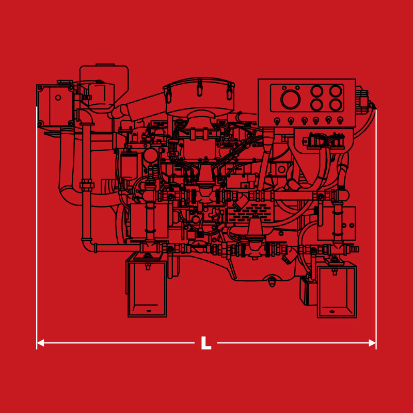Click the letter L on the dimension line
coord(206,343)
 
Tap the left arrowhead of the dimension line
coord(40,343)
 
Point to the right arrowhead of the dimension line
coord(372,343)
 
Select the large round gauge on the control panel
coord(290,100)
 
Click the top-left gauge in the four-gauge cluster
coord(316,91)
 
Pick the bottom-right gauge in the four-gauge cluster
coord(336,105)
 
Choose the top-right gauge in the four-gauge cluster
coord(336,91)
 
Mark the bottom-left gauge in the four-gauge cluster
coord(316,105)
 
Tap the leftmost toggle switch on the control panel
coord(277,121)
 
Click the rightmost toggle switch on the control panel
coord(340,120)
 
